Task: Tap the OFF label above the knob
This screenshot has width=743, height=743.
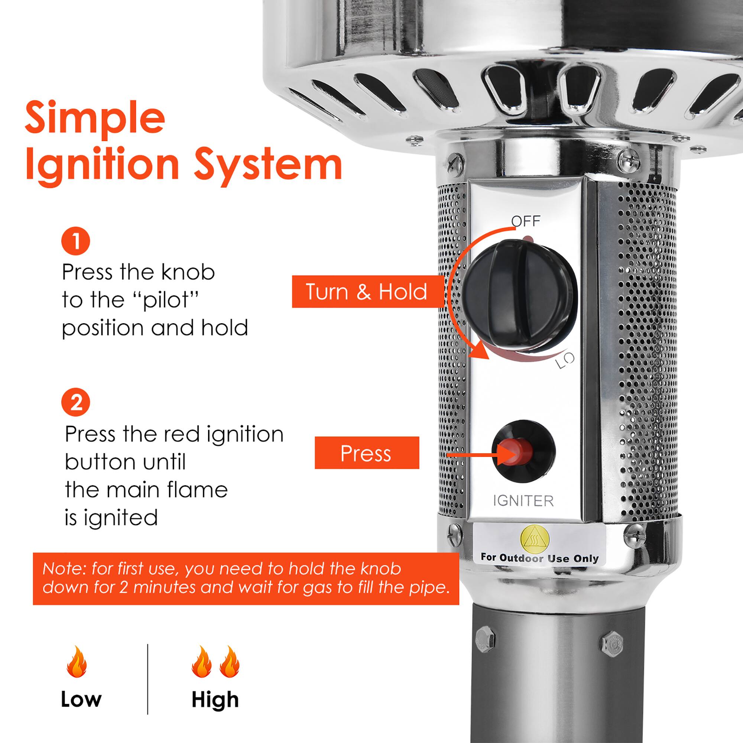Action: point(526,221)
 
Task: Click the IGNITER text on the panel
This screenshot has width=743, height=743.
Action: point(523,501)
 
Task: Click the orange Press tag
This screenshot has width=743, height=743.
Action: point(367,453)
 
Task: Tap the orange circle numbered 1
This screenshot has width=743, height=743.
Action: point(76,241)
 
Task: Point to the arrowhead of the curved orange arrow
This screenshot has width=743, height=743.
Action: point(481,351)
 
